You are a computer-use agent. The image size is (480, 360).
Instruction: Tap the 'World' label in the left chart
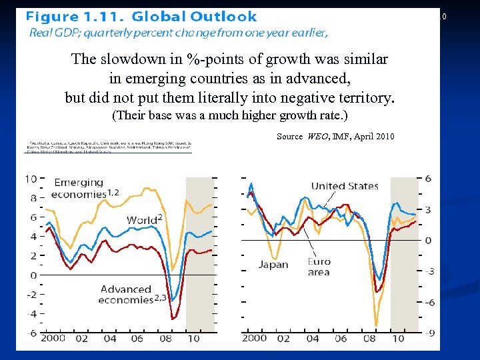click(x=143, y=220)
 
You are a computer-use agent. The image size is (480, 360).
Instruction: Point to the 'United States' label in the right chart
click(x=344, y=186)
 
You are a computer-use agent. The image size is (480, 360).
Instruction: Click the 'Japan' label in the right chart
click(x=273, y=264)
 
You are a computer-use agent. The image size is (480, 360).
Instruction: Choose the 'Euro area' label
click(x=319, y=267)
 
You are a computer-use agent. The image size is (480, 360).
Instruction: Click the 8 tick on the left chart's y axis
click(x=31, y=198)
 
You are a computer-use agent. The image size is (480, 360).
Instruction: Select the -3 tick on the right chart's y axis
click(x=429, y=271)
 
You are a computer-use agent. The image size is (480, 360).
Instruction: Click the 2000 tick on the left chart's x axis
click(x=52, y=339)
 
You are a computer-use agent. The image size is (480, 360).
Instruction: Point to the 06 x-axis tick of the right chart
click(x=340, y=339)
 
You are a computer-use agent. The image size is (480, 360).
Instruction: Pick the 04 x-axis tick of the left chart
click(x=109, y=339)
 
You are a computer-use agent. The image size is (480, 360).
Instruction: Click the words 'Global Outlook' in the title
click(x=195, y=17)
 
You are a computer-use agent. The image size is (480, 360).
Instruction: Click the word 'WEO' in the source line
click(x=318, y=137)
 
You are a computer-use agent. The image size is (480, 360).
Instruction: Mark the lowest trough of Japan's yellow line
click(x=376, y=325)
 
